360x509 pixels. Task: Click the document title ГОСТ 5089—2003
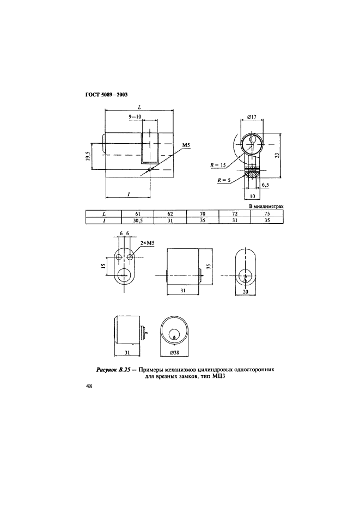point(106,95)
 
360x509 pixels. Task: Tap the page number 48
point(89,386)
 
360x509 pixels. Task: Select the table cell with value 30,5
point(137,220)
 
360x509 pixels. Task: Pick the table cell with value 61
point(137,214)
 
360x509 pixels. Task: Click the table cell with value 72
point(235,214)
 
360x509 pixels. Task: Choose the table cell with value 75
point(267,214)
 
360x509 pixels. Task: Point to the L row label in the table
point(103,214)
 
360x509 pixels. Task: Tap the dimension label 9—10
point(135,116)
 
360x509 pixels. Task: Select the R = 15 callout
point(218,165)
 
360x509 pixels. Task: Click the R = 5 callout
point(224,180)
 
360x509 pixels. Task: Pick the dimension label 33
point(277,156)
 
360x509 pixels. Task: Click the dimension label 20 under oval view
point(246,291)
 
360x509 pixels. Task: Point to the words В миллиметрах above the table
point(266,206)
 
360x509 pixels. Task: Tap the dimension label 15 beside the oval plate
point(103,266)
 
